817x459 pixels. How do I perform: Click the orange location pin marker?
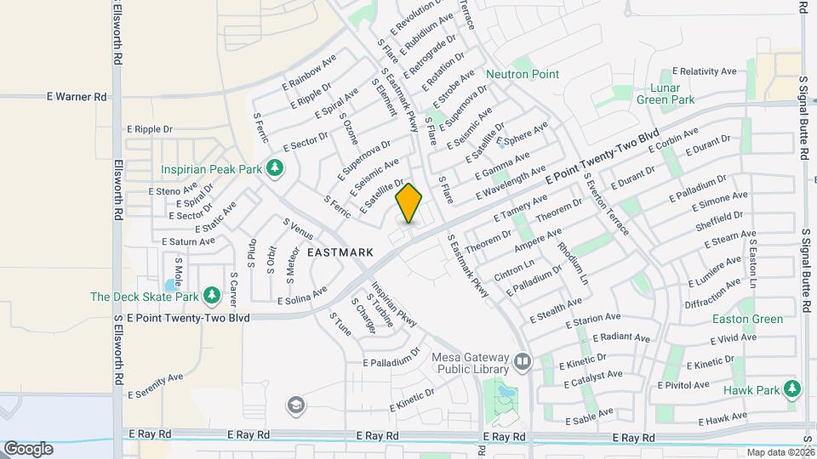[x=409, y=203]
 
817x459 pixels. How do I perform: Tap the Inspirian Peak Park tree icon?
[x=274, y=168]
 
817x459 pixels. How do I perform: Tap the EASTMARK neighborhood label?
[x=340, y=252]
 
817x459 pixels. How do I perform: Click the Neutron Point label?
[x=523, y=74]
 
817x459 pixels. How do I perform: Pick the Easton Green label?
[x=750, y=319]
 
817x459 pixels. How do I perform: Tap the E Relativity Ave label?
[x=709, y=71]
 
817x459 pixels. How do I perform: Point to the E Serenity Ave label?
[x=156, y=386]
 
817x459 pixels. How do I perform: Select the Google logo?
[x=28, y=448]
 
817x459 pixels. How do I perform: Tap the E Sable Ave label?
[x=587, y=416]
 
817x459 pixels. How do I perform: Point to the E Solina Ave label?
[x=302, y=295]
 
